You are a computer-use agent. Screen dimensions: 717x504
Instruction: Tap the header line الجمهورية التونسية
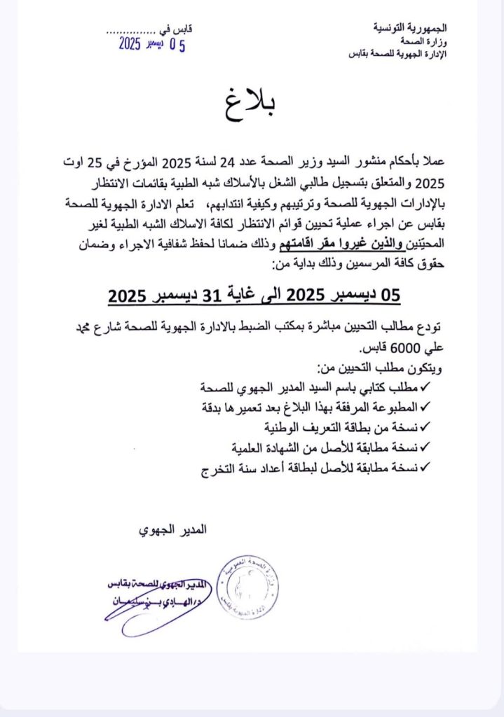point(412,29)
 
